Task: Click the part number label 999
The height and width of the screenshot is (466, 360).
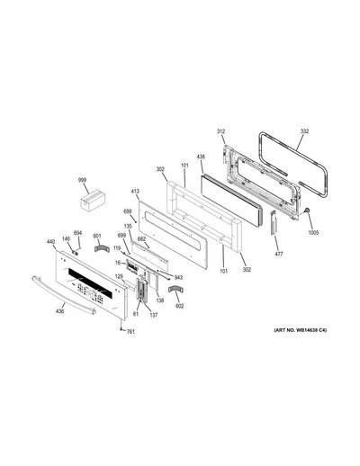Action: pos(82,180)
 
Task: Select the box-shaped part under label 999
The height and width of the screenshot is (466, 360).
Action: pos(93,201)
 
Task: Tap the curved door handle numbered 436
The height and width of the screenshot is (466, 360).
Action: pos(64,295)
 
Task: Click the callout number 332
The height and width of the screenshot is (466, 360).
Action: pos(304,131)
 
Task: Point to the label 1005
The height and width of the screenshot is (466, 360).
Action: pos(314,233)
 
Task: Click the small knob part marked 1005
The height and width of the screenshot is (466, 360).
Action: pos(307,211)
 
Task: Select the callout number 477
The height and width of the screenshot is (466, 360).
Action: pos(279,254)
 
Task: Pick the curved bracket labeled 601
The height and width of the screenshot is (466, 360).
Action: pos(101,248)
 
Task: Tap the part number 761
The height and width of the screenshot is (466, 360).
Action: pos(130,332)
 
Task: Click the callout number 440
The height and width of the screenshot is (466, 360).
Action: pos(51,241)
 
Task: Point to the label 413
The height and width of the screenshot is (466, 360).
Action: pos(135,192)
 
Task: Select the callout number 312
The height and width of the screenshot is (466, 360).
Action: pos(220,131)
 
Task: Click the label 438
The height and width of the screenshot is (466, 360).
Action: pos(201,157)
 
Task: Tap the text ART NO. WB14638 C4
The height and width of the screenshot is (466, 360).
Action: pos(300,330)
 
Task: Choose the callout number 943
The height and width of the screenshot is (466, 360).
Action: pos(178,278)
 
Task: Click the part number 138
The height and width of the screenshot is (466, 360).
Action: pos(160,300)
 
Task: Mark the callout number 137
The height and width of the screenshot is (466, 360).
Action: pos(154,315)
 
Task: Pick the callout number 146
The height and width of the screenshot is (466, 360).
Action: pos(66,238)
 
